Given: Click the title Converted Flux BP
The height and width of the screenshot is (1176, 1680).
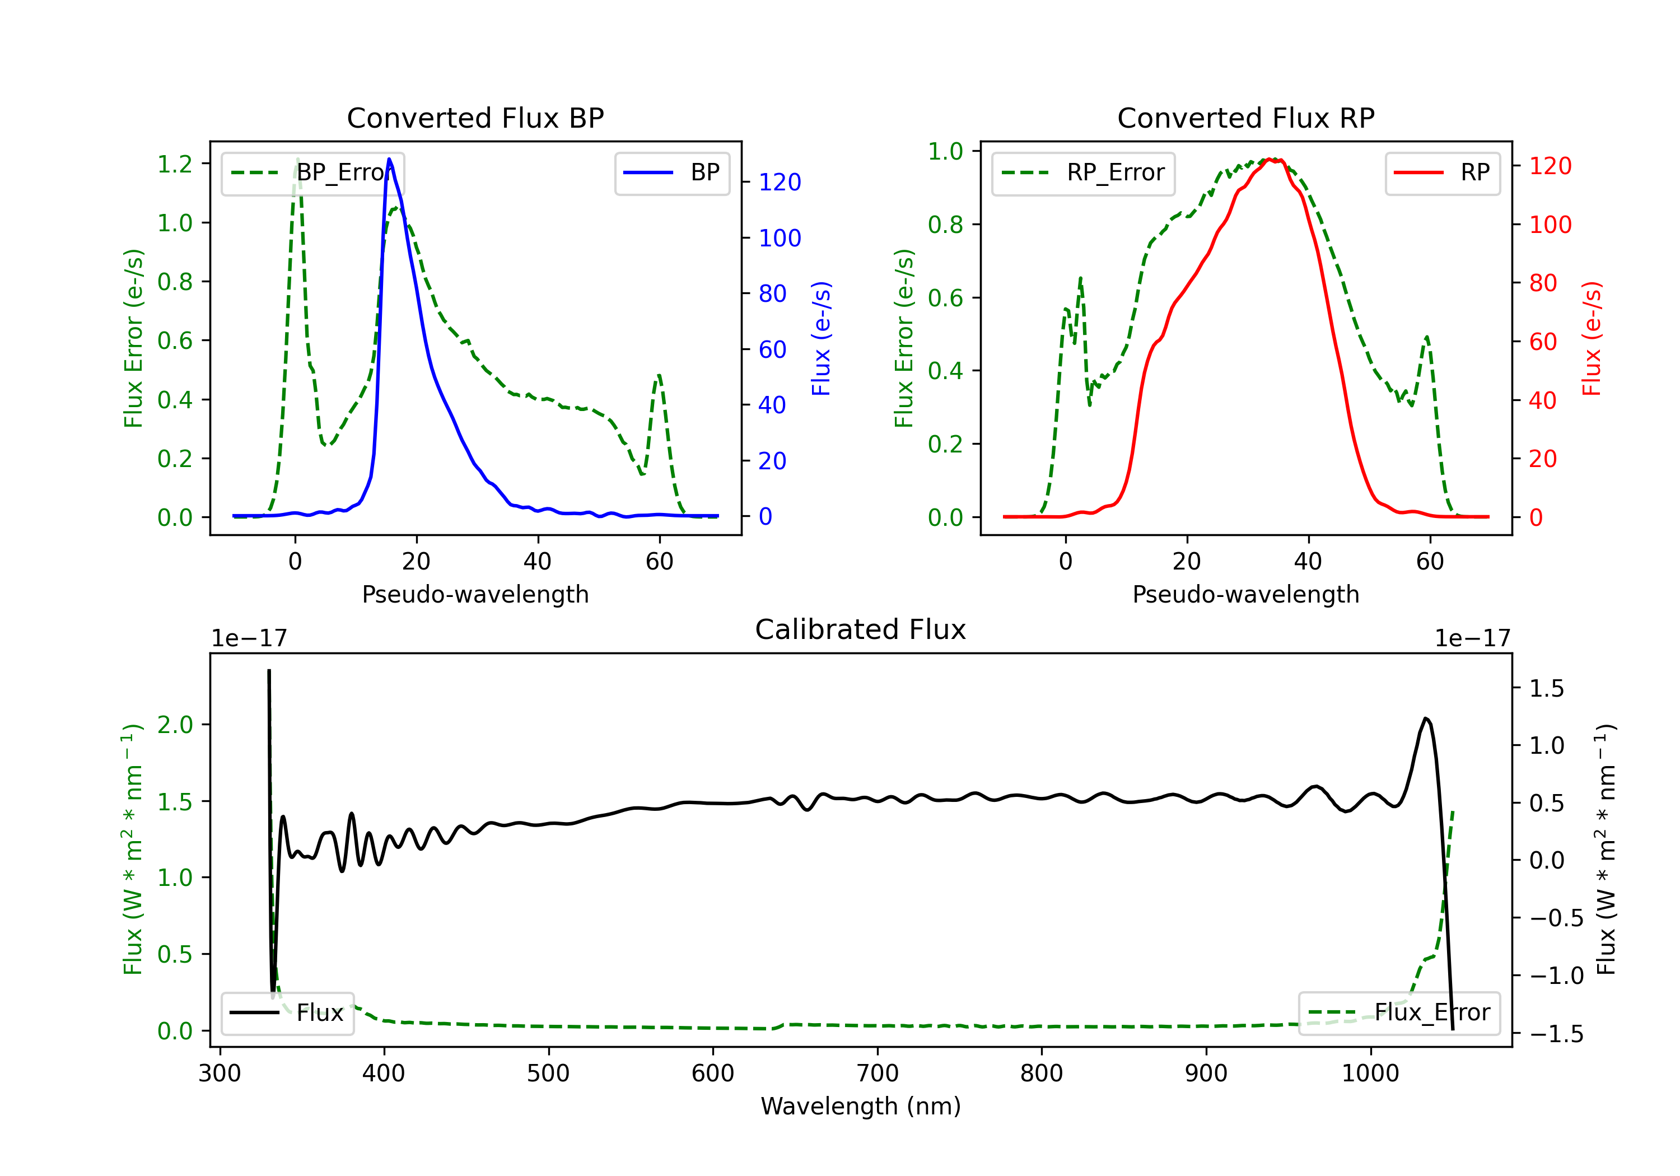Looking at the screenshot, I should pos(475,118).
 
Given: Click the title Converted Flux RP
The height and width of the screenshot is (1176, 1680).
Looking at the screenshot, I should pos(1245,118).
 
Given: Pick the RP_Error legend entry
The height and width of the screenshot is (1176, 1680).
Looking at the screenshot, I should pos(1083,172).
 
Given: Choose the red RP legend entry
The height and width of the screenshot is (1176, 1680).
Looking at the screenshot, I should pos(1442,172).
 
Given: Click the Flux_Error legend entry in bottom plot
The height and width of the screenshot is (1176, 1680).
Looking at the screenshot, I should pos(1398,1013).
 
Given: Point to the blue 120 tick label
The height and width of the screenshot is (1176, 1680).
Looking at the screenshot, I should pos(780,182).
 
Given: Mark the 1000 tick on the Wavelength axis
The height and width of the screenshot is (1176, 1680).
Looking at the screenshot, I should pos(1370,1074).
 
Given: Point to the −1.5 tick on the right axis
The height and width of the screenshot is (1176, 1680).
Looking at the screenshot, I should pos(1556,1034).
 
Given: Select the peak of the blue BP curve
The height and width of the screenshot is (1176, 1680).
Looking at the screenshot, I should pos(389,159).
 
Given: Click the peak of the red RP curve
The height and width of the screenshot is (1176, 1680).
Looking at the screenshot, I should pos(1271,159).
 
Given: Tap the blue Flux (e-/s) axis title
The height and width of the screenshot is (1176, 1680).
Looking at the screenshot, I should pos(821,339).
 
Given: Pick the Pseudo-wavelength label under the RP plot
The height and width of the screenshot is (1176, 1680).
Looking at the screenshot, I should pos(1245,594).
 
